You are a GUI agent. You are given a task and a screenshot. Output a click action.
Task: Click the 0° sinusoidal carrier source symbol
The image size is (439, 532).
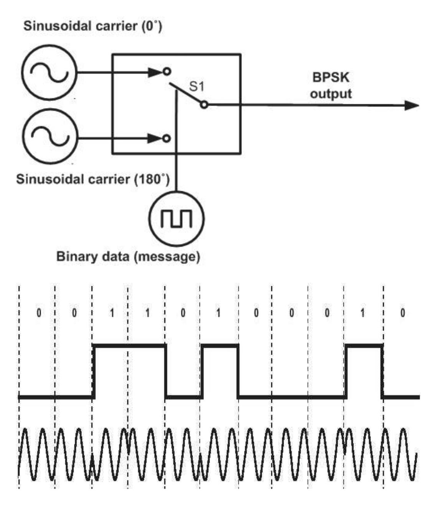pyautogui.click(x=49, y=72)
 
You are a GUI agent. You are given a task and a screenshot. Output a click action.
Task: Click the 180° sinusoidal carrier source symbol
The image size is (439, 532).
pyautogui.click(x=50, y=137)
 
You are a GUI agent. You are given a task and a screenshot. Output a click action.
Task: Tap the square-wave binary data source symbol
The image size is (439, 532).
pyautogui.click(x=177, y=218)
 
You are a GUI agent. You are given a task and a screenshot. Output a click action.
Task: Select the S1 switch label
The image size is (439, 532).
pyautogui.click(x=196, y=87)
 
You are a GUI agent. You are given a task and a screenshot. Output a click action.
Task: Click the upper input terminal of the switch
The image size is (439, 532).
pyautogui.click(x=166, y=72)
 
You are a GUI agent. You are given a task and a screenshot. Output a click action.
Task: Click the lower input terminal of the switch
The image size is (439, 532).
pyautogui.click(x=166, y=138)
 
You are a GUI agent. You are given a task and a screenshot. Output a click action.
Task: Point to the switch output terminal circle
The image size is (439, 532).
pyautogui.click(x=204, y=104)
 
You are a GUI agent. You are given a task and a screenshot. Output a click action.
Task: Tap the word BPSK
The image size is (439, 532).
pyautogui.click(x=331, y=77)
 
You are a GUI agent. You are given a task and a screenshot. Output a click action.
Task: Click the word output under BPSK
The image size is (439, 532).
pyautogui.click(x=331, y=94)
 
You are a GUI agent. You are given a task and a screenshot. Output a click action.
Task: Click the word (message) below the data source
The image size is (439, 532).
pyautogui.click(x=167, y=256)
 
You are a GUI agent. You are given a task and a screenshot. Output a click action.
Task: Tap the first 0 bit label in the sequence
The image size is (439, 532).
pyautogui.click(x=38, y=313)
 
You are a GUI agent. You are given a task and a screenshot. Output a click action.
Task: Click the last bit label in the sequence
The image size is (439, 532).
pyautogui.click(x=402, y=313)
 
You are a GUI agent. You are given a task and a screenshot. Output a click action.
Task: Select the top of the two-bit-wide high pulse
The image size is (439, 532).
pyautogui.click(x=130, y=346)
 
